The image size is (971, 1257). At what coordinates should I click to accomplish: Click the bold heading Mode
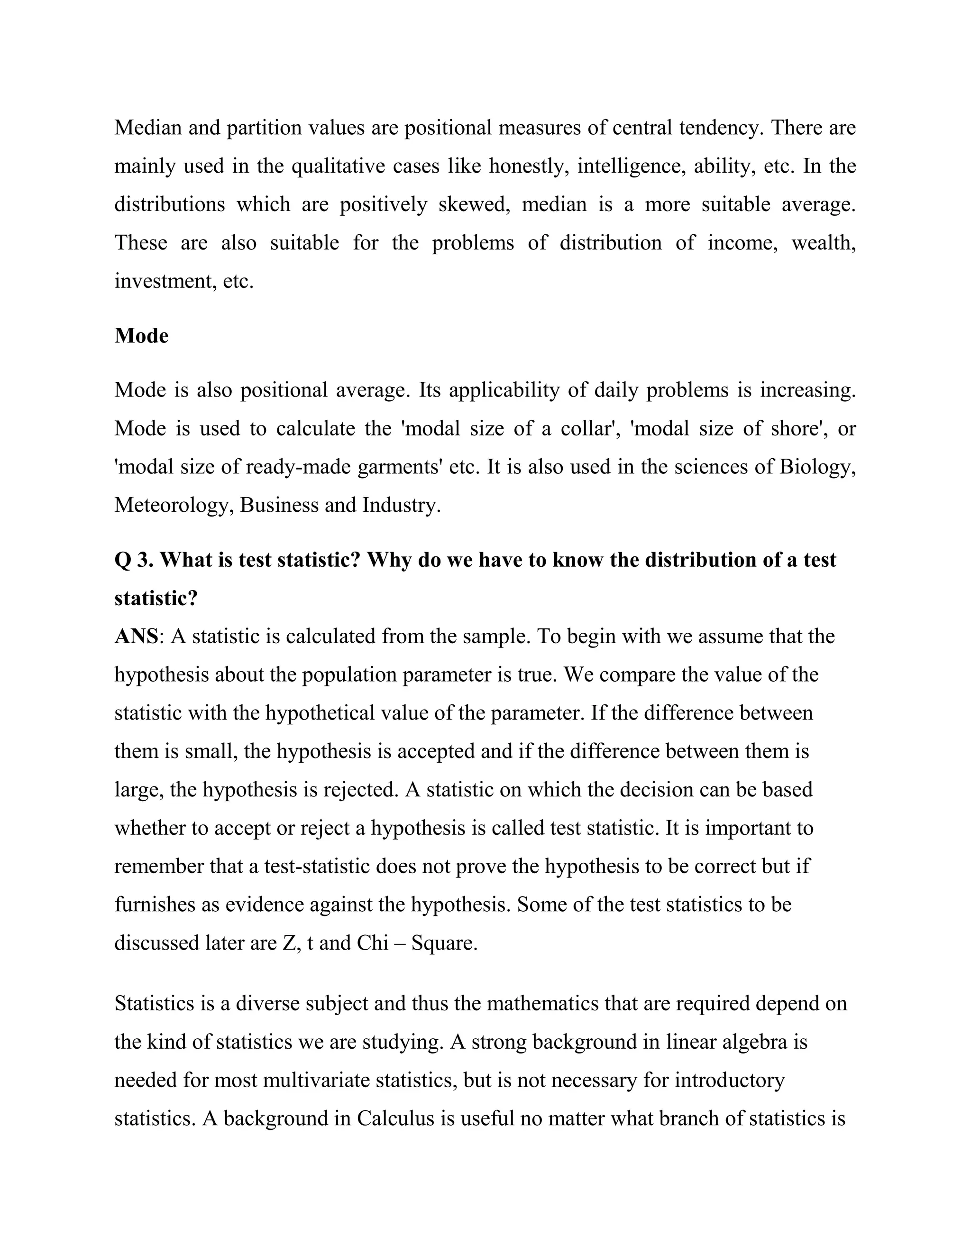point(141,336)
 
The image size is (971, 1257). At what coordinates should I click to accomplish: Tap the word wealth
point(823,243)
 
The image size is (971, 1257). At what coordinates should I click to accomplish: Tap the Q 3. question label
point(134,560)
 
